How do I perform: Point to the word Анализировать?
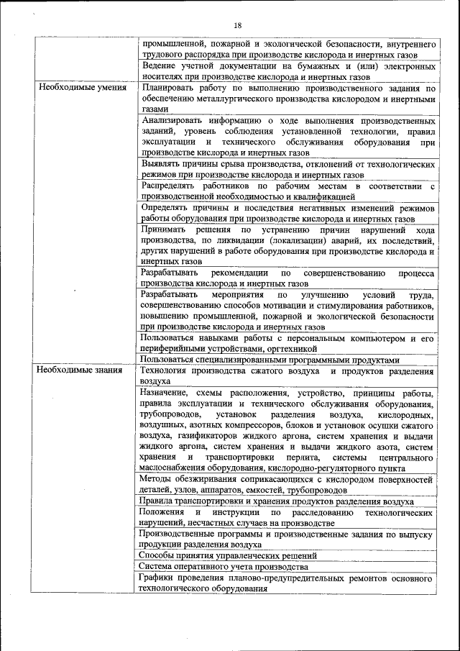coord(176,120)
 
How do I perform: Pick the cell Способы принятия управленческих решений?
coord(228,555)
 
